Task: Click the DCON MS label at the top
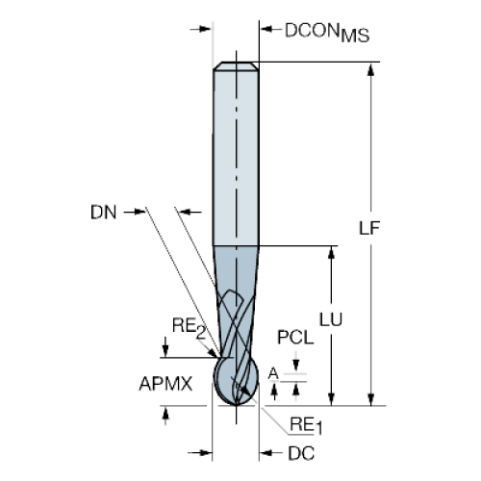[327, 33]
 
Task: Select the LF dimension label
[369, 228]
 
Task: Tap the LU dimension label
[331, 319]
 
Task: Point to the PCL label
[295, 338]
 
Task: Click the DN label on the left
[103, 213]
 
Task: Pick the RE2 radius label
[189, 328]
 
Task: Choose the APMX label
[165, 384]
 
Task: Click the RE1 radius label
[306, 426]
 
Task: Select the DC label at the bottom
[301, 453]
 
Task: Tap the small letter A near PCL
[273, 373]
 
